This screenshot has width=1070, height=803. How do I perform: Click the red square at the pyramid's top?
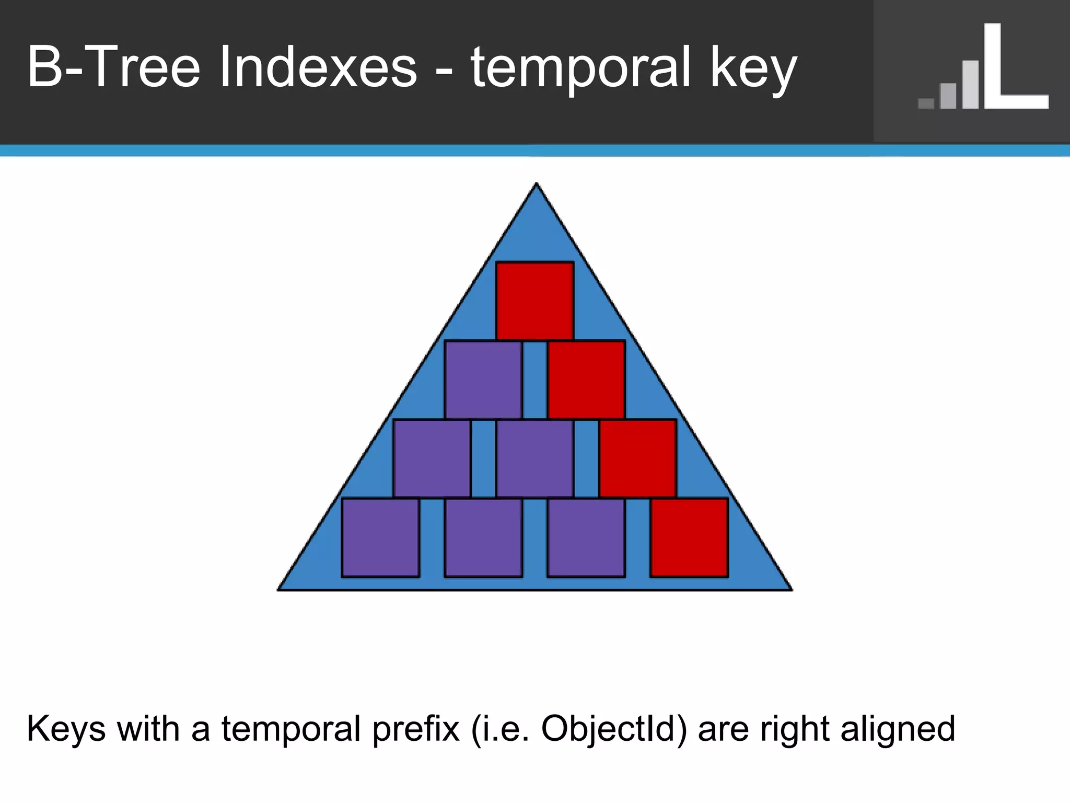coord(535,301)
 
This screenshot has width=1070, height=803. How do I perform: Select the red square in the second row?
coord(586,380)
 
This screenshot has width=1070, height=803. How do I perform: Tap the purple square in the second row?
coord(483,380)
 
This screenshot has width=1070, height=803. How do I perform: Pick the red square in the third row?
coord(637,458)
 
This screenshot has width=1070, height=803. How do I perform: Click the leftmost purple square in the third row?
coord(432,458)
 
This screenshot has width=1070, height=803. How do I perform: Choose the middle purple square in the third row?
coord(534,458)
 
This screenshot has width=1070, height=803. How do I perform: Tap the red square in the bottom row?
coord(689,537)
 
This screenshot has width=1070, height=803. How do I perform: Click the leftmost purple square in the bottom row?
coord(380,537)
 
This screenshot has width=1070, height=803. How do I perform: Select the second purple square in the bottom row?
coord(483,537)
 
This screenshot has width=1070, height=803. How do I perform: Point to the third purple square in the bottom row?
coord(586,537)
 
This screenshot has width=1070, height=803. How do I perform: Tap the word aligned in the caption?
coord(898,729)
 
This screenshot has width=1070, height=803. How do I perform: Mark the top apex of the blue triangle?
coord(536,184)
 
